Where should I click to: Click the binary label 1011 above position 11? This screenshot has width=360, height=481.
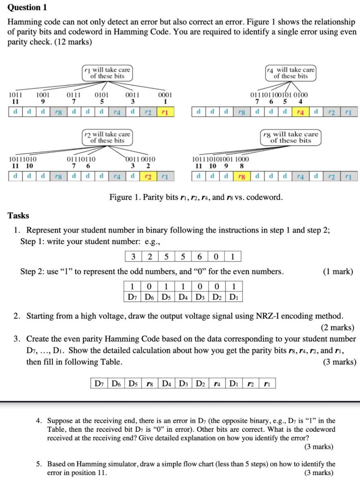[15, 95]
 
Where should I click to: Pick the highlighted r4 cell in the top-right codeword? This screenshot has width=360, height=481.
[301, 111]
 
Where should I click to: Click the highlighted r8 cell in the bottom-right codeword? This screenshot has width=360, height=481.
[241, 176]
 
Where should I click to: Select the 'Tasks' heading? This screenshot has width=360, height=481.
[18, 215]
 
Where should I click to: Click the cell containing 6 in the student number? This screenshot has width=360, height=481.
[200, 257]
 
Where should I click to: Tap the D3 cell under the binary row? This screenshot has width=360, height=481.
[200, 297]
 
